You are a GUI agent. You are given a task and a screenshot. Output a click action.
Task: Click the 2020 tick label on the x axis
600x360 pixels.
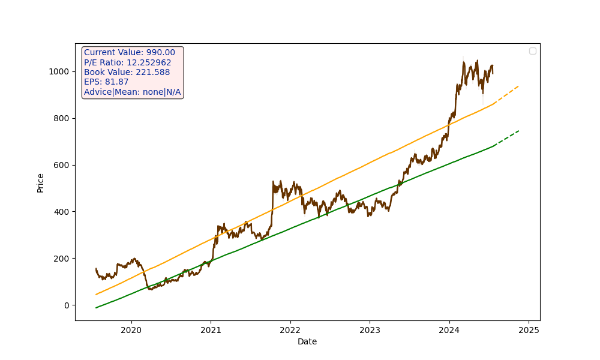click(x=131, y=330)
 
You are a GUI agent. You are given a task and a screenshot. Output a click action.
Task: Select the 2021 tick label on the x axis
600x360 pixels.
click(x=211, y=330)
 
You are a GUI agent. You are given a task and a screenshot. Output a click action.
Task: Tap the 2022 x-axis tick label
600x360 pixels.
click(x=290, y=330)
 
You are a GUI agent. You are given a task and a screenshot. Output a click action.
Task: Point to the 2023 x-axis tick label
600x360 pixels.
click(x=370, y=330)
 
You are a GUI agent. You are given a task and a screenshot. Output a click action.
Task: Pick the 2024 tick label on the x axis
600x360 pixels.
click(x=449, y=330)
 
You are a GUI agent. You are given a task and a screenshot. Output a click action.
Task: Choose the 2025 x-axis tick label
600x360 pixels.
click(x=529, y=330)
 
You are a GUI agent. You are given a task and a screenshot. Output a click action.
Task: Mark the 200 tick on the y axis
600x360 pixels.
click(x=61, y=259)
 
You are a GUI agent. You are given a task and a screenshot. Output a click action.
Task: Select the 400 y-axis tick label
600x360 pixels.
click(x=61, y=212)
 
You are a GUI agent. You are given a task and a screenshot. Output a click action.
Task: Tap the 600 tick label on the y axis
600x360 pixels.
click(x=61, y=165)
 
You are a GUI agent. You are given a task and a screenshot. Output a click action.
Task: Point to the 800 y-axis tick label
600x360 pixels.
click(x=61, y=118)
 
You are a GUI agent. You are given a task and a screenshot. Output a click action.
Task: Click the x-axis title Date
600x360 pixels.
click(x=307, y=342)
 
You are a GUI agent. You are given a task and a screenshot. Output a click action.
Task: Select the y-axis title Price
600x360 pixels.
click(x=41, y=182)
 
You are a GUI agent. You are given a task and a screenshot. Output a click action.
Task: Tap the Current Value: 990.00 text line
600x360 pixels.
click(x=130, y=53)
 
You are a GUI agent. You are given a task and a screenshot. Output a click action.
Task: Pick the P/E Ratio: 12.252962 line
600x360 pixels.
click(x=127, y=62)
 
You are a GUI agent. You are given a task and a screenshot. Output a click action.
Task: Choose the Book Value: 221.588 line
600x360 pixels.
click(x=127, y=72)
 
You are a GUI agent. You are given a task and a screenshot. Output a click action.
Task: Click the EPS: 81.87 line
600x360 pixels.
click(x=106, y=82)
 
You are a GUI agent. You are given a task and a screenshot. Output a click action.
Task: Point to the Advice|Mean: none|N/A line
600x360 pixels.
click(x=132, y=92)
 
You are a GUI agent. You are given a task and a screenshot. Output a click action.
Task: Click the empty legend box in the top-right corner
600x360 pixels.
click(x=533, y=51)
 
